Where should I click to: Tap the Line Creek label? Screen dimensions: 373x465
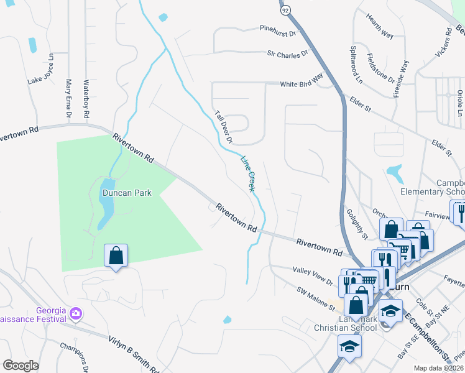[247, 173]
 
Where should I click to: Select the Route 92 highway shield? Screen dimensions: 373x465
[284, 11]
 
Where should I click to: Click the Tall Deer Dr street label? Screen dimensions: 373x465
[223, 127]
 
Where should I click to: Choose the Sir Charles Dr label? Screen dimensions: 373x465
[288, 54]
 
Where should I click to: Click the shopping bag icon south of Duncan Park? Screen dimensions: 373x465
[116, 256]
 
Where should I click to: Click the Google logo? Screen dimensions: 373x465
[21, 366]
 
